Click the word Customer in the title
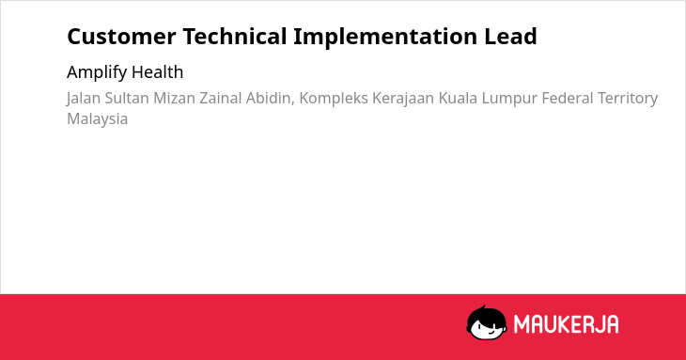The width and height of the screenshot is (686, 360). click(121, 37)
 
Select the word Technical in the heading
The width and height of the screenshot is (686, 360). click(235, 37)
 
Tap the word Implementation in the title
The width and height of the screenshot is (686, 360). click(385, 38)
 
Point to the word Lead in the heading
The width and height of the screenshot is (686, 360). click(510, 37)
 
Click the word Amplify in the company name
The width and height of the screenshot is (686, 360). click(96, 72)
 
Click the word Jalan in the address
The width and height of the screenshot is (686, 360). click(84, 99)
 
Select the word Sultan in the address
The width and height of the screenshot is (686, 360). click(127, 98)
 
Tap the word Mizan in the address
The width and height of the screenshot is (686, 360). click(174, 98)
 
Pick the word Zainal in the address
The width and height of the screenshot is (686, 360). click(221, 98)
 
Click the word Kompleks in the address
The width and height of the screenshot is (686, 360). click(334, 99)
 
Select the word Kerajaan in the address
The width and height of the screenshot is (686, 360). click(403, 99)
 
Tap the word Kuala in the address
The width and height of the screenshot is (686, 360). click(458, 98)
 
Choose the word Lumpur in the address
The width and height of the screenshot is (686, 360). click(509, 99)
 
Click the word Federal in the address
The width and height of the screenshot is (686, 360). click(568, 98)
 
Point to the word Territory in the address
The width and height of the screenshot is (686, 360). click(628, 99)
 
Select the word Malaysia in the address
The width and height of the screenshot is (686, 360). click(97, 119)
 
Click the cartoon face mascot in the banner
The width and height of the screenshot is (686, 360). click(487, 322)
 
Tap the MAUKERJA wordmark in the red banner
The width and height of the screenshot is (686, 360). click(566, 324)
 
